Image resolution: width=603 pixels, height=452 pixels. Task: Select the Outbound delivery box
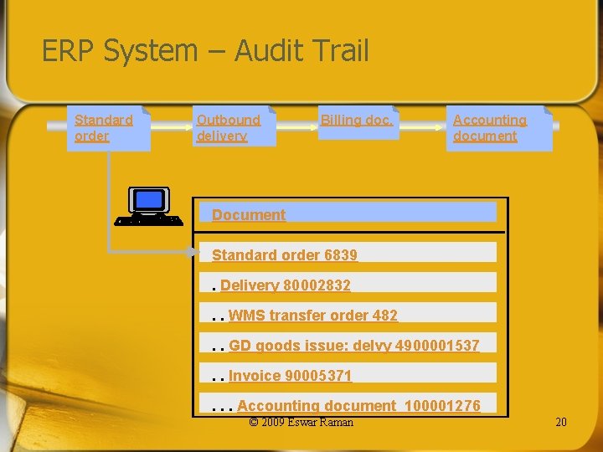(234, 128)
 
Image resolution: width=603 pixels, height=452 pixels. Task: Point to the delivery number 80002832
(317, 285)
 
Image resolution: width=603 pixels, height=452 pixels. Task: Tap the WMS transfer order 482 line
(312, 316)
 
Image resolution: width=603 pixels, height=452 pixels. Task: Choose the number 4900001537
(438, 346)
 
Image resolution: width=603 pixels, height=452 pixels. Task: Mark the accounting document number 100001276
(442, 406)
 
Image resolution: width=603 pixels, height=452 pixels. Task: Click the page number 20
(561, 422)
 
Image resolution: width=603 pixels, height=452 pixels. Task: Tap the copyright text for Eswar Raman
(301, 422)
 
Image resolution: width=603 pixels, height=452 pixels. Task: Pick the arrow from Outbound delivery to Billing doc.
(296, 127)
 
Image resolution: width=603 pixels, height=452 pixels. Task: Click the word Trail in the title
(341, 51)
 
